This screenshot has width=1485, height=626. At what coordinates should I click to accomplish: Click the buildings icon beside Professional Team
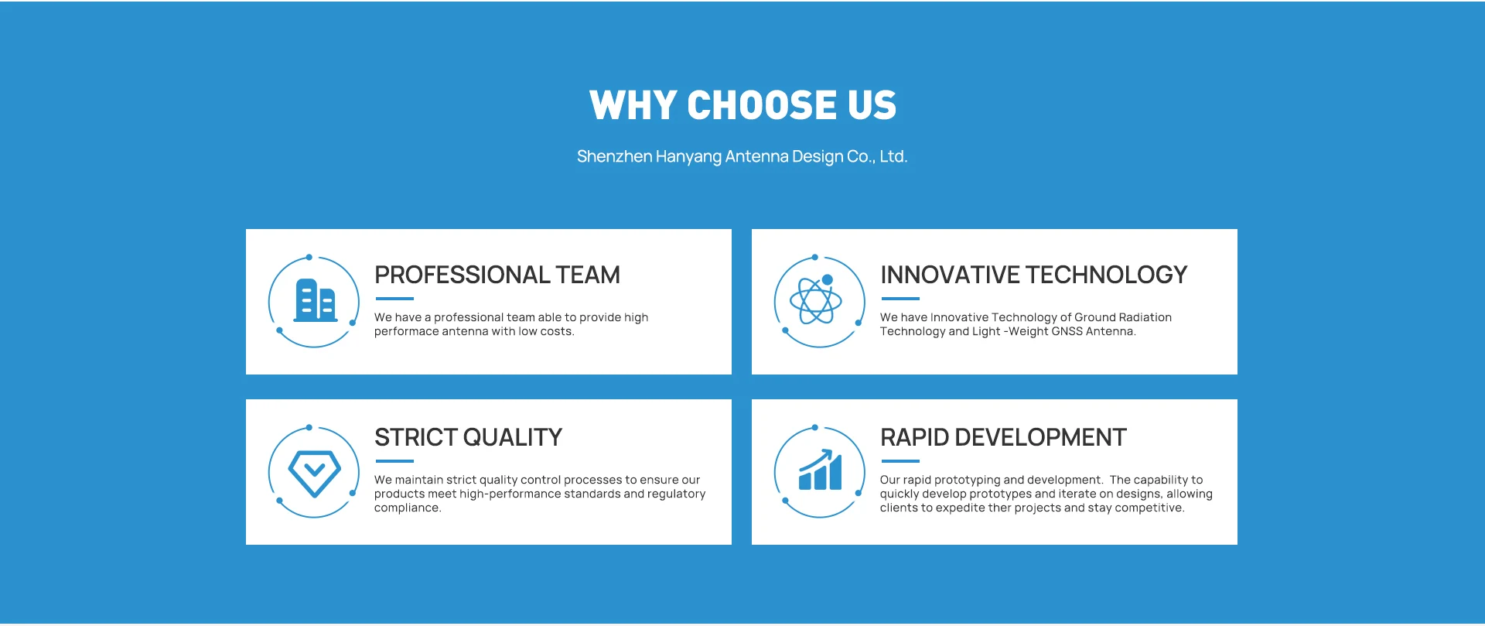pyautogui.click(x=316, y=300)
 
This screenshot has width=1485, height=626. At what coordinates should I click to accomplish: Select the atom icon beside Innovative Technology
pyautogui.click(x=816, y=299)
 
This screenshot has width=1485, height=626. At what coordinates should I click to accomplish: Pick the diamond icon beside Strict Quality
pyautogui.click(x=314, y=473)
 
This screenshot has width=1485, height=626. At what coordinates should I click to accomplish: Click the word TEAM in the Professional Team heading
pyautogui.click(x=588, y=275)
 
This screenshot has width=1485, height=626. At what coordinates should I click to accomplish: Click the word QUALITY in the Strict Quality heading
pyautogui.click(x=513, y=437)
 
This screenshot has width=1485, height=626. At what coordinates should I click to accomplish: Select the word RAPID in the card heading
pyautogui.click(x=915, y=437)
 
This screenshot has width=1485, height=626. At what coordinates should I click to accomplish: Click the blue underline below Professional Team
pyautogui.click(x=394, y=299)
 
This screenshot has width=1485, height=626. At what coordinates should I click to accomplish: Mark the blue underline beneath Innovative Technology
pyautogui.click(x=900, y=299)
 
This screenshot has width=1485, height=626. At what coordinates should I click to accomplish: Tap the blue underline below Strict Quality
pyautogui.click(x=394, y=461)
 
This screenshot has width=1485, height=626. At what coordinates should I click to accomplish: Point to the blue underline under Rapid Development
pyautogui.click(x=900, y=461)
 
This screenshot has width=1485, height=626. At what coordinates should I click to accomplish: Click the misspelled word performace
pyautogui.click(x=407, y=332)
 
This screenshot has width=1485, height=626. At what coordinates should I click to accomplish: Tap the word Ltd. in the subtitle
pyautogui.click(x=893, y=156)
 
